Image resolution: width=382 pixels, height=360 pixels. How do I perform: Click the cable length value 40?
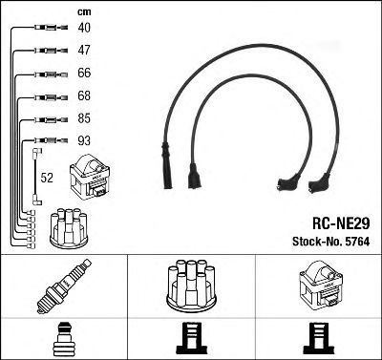(x=84, y=28)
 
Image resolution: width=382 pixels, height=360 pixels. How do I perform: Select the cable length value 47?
(x=84, y=51)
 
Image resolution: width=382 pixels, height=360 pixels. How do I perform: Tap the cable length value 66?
(x=84, y=74)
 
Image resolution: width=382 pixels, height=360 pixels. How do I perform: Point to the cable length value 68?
(x=84, y=96)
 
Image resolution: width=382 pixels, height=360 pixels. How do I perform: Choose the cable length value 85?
(x=84, y=119)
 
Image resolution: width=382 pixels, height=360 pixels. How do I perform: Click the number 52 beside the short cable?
(x=47, y=177)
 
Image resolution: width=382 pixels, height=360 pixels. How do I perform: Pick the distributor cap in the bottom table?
(x=191, y=286)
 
